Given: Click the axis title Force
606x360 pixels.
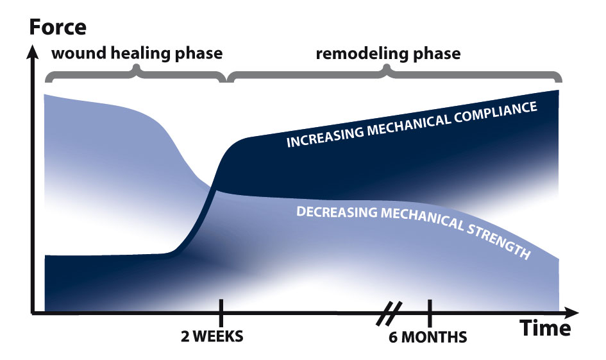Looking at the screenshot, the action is point(58,27).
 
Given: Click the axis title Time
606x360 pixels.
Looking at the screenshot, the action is point(545,329).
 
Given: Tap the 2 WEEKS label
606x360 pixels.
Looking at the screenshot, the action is point(212,336).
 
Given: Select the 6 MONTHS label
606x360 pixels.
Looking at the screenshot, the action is point(428,337).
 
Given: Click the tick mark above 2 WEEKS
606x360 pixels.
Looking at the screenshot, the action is point(221,313).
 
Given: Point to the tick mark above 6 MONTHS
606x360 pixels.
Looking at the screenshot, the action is point(430,313).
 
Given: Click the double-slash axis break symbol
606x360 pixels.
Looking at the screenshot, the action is point(389,313).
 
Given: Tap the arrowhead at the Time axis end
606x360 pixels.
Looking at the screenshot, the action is point(572,313).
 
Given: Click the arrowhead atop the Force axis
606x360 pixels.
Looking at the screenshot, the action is point(33,52).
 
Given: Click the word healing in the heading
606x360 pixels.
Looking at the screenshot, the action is point(140,53).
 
